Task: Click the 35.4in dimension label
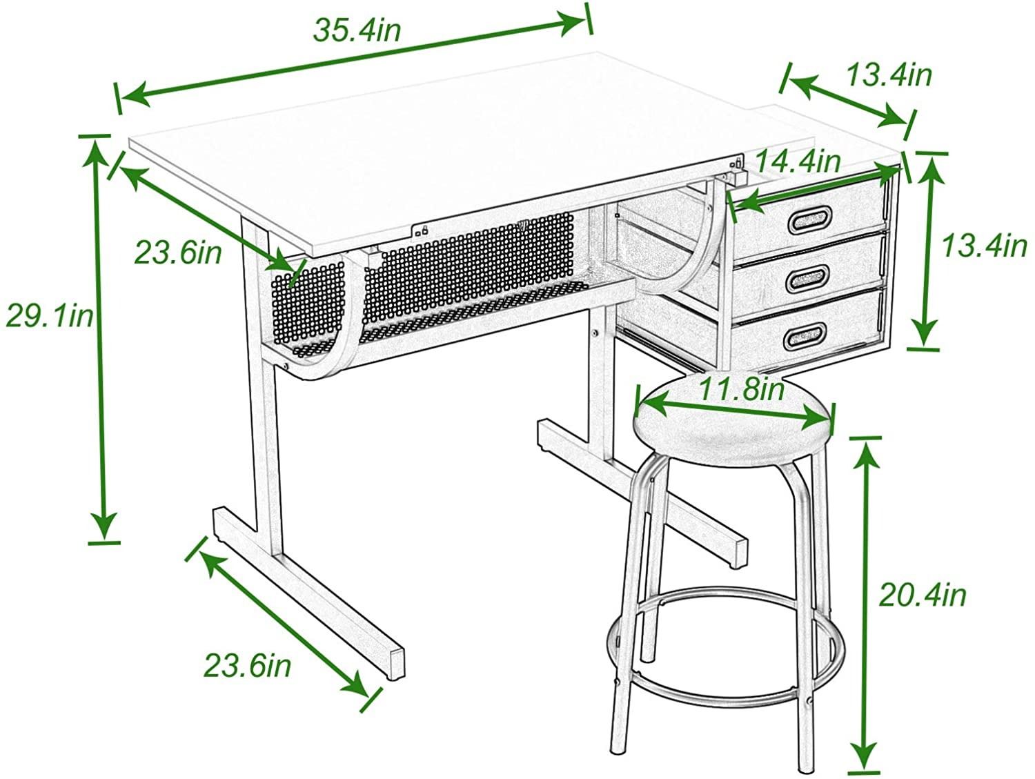pyautogui.click(x=357, y=31)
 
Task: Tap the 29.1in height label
pyautogui.click(x=50, y=316)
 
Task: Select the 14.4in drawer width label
pyautogui.click(x=798, y=161)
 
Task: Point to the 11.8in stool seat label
pyautogui.click(x=741, y=389)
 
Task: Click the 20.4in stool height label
pyautogui.click(x=923, y=596)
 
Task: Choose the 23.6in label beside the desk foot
pyautogui.click(x=248, y=665)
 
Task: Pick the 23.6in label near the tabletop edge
pyautogui.click(x=178, y=253)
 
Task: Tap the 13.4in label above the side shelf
pyautogui.click(x=890, y=75)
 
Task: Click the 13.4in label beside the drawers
pyautogui.click(x=984, y=246)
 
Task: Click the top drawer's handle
pyautogui.click(x=809, y=220)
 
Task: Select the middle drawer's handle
pyautogui.click(x=807, y=279)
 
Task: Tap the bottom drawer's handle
pyautogui.click(x=805, y=337)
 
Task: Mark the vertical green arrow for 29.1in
pyautogui.click(x=100, y=339)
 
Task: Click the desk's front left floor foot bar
pyautogui.click(x=309, y=598)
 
